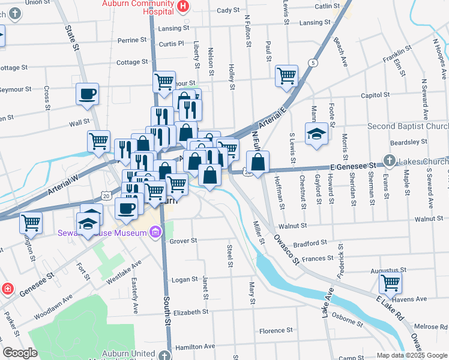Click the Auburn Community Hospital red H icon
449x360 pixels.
tap(184, 7)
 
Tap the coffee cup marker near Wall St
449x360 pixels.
tap(87, 94)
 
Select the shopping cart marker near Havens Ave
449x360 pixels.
tap(390, 281)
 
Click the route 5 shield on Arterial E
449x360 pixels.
tap(312, 63)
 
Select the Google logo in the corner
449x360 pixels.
tap(20, 353)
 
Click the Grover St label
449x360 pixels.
tap(183, 241)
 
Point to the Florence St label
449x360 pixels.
tap(276, 331)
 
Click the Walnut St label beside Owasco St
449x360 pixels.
tap(293, 226)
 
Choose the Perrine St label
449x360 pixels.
tap(133, 41)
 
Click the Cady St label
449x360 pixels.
tap(228, 10)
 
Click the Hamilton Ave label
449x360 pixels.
tap(194, 347)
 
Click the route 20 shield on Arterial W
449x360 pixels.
tap(106, 196)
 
